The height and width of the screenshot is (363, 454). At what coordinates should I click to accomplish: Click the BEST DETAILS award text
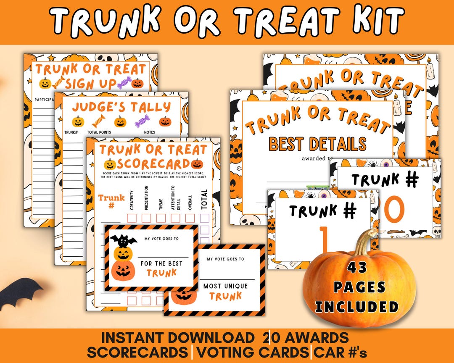point(317,144)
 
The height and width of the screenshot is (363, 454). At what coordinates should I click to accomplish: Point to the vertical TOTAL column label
point(204,199)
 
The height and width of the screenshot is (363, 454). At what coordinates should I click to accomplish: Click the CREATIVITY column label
point(132,201)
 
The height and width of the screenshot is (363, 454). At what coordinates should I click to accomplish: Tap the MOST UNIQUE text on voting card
point(226,286)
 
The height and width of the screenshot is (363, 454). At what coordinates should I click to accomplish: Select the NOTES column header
point(149,132)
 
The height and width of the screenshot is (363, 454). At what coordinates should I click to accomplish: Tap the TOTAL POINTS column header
point(99,132)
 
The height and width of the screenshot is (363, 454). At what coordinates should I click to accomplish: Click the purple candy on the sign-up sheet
point(124,83)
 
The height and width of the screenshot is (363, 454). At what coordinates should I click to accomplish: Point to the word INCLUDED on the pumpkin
point(357,306)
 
